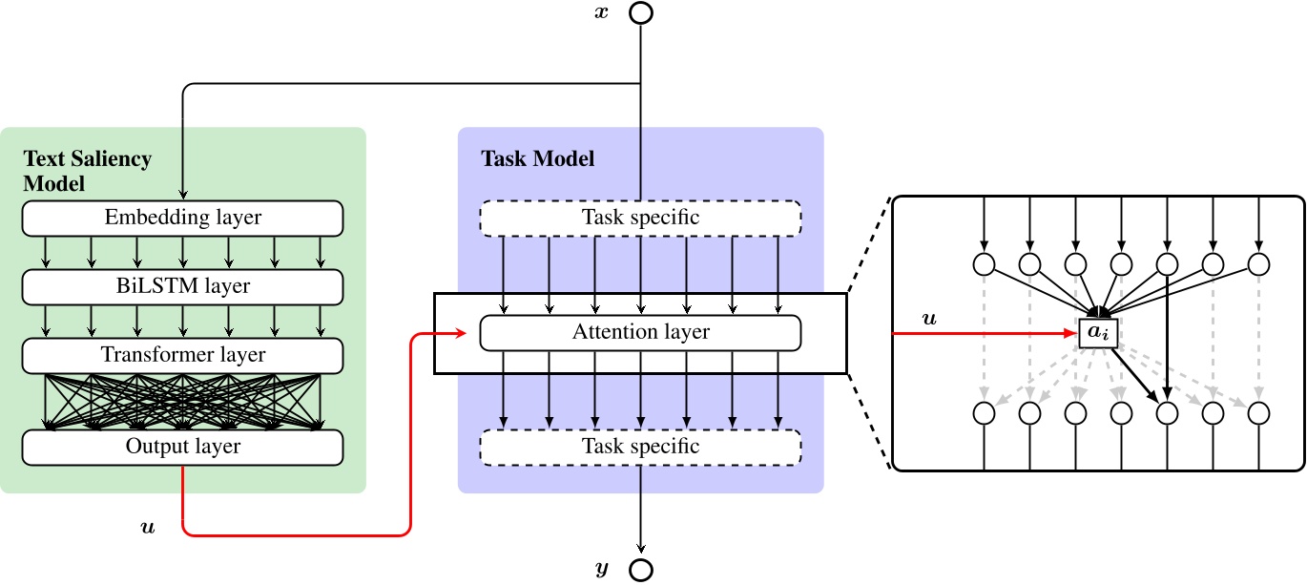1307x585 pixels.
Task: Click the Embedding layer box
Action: click(182, 218)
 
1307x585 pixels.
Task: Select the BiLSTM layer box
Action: click(182, 285)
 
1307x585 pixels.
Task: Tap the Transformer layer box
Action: click(182, 355)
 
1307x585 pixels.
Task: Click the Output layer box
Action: click(182, 447)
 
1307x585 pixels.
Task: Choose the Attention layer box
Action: click(640, 332)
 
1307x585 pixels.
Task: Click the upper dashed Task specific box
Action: click(640, 218)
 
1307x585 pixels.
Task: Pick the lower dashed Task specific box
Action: click(640, 447)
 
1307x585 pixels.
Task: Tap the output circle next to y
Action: click(640, 570)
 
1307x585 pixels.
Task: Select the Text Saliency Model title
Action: click(87, 170)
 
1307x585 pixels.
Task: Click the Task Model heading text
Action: click(537, 158)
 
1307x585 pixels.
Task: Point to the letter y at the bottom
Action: click(601, 570)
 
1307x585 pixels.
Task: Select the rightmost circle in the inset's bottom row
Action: click(1259, 413)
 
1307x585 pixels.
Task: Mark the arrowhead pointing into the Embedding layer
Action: click(182, 195)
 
